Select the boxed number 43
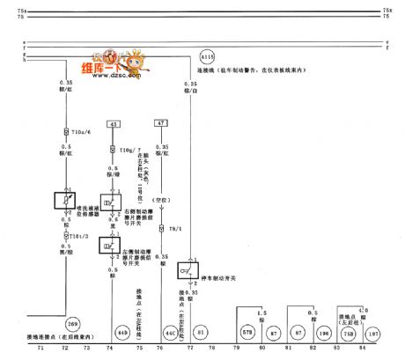click(x=114, y=124)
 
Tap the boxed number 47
click(x=161, y=124)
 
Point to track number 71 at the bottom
click(x=41, y=348)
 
